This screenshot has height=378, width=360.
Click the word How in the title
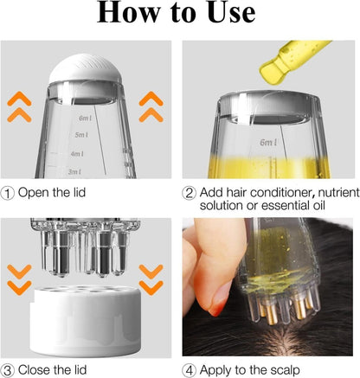pyautogui.click(x=132, y=14)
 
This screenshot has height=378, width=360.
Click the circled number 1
pyautogui.click(x=10, y=192)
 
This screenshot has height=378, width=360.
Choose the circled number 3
pyautogui.click(x=10, y=368)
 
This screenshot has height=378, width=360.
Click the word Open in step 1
pyautogui.click(x=35, y=192)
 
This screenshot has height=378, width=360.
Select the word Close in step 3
pyautogui.click(x=36, y=368)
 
